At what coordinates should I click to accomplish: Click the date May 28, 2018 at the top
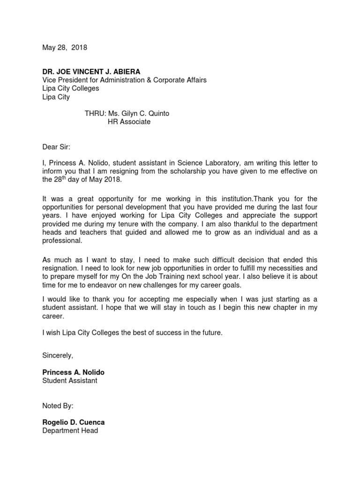click(x=65, y=48)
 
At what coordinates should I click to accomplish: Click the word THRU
click(x=95, y=114)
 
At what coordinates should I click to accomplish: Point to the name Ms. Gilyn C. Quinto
click(x=139, y=114)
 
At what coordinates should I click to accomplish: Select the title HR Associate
click(x=129, y=122)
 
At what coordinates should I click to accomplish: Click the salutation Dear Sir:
click(x=56, y=147)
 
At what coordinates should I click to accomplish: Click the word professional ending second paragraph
click(x=61, y=241)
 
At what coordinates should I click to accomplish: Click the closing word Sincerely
click(x=57, y=356)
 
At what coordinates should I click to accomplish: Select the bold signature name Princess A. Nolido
click(x=74, y=372)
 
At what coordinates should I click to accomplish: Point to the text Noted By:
click(x=58, y=405)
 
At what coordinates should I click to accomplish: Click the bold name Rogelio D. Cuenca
click(x=74, y=422)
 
